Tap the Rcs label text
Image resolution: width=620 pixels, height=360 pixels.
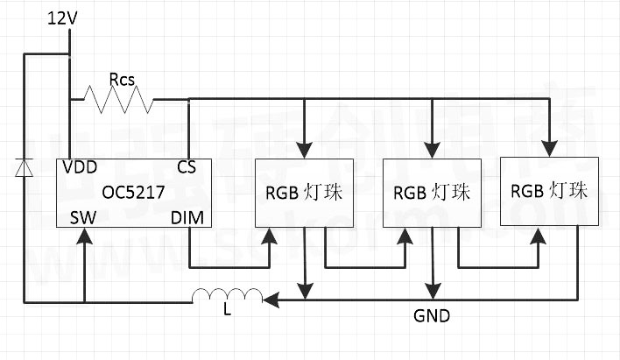pos(123,78)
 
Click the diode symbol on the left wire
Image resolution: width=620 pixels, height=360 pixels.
pos(25,166)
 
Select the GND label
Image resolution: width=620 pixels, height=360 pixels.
pos(433,315)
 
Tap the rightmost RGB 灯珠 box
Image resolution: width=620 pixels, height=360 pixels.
pos(549,192)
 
